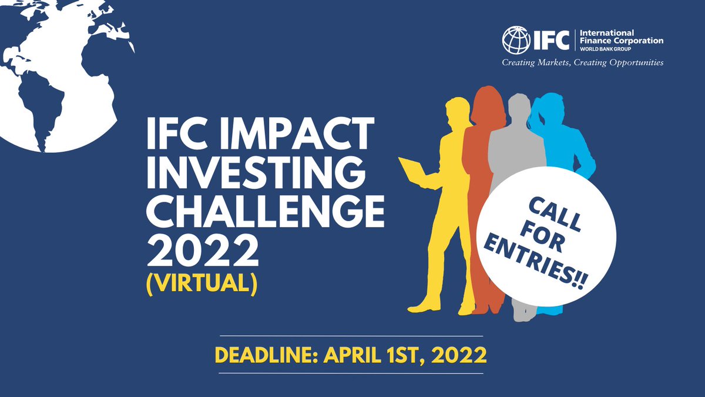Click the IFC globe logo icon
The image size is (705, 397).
coord(515,40)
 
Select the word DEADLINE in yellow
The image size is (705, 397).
coord(265,355)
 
